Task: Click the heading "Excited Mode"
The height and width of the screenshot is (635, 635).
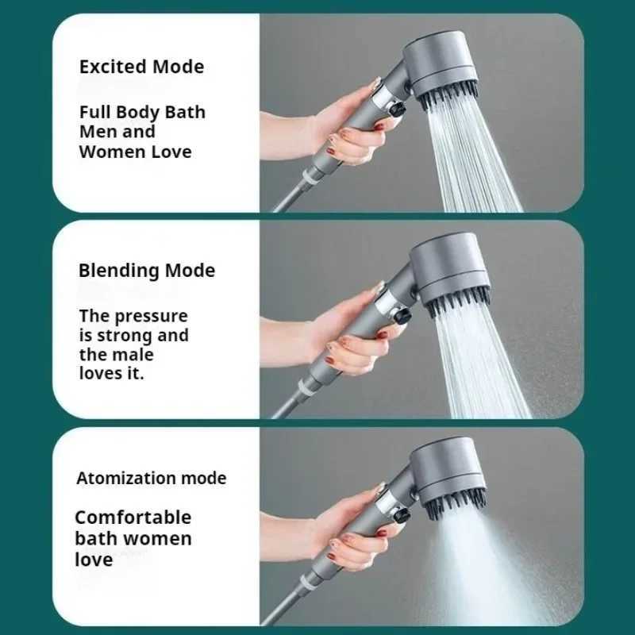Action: pyautogui.click(x=141, y=67)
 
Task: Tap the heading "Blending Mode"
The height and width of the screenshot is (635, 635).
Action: pyautogui.click(x=146, y=271)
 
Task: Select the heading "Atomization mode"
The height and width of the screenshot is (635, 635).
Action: pyautogui.click(x=151, y=479)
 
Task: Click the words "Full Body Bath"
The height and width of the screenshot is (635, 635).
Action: pyautogui.click(x=142, y=112)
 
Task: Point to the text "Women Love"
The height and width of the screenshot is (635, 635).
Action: pyautogui.click(x=135, y=152)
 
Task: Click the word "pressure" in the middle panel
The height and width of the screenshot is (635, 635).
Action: pyautogui.click(x=150, y=315)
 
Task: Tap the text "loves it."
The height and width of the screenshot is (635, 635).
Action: pyautogui.click(x=111, y=373)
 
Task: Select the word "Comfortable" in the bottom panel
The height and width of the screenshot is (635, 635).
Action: pyautogui.click(x=133, y=518)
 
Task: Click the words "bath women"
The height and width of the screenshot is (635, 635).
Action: pyautogui.click(x=133, y=539)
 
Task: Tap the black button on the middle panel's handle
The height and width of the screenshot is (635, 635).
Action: pyautogui.click(x=403, y=317)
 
